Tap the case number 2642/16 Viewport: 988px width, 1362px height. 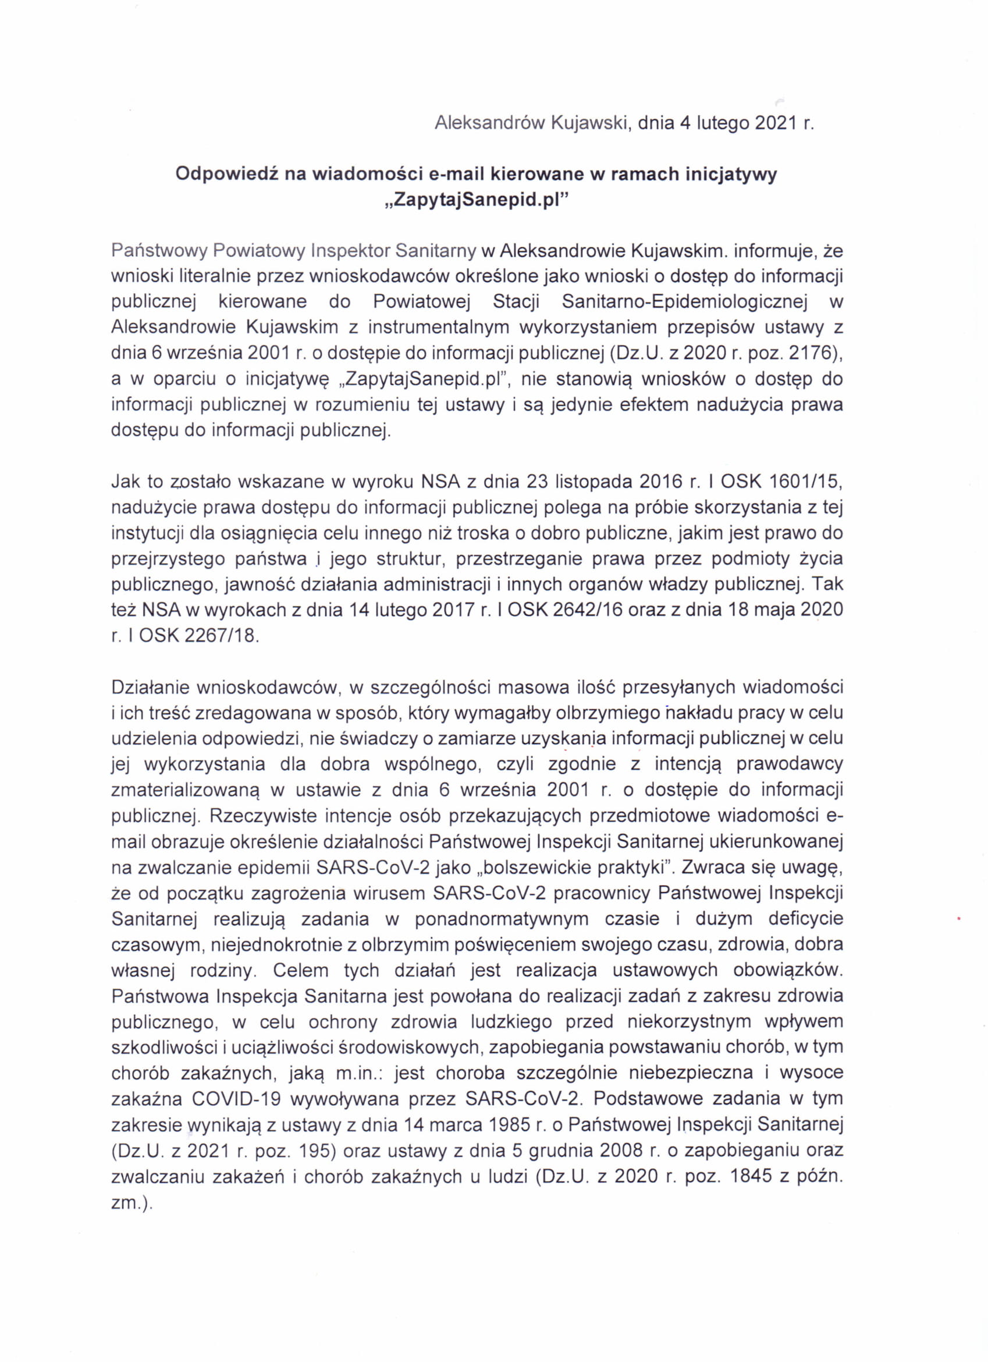[588, 610]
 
